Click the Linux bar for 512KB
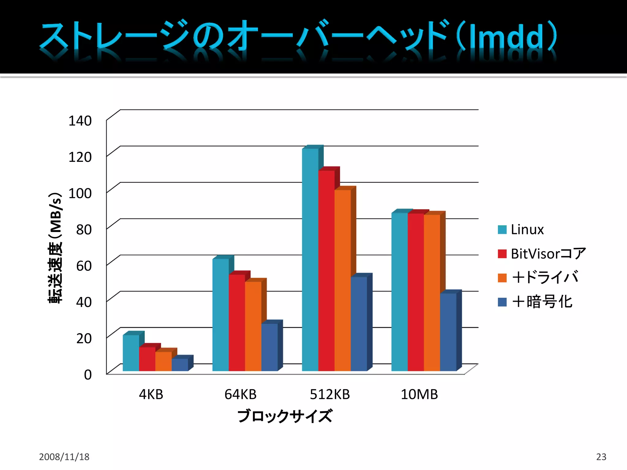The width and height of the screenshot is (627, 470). [x=310, y=260]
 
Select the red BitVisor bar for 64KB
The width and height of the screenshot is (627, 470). [x=237, y=323]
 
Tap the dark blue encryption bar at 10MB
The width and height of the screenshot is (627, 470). [x=448, y=332]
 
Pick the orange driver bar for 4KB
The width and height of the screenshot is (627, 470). [x=163, y=361]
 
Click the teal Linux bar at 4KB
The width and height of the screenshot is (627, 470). [x=131, y=353]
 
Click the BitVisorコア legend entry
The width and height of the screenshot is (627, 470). [x=542, y=254]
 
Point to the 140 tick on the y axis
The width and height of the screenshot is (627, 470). [x=80, y=121]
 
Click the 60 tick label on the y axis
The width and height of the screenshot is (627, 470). [x=84, y=266]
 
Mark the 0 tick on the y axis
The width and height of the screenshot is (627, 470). [x=88, y=375]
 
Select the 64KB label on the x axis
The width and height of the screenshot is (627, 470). [x=240, y=394]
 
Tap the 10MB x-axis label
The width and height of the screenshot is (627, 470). [x=419, y=394]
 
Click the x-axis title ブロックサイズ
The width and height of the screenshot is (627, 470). [x=285, y=416]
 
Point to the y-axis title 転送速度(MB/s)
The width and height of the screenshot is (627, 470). [x=55, y=248]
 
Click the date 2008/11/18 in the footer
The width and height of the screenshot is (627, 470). [x=64, y=457]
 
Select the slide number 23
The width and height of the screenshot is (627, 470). [x=601, y=457]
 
